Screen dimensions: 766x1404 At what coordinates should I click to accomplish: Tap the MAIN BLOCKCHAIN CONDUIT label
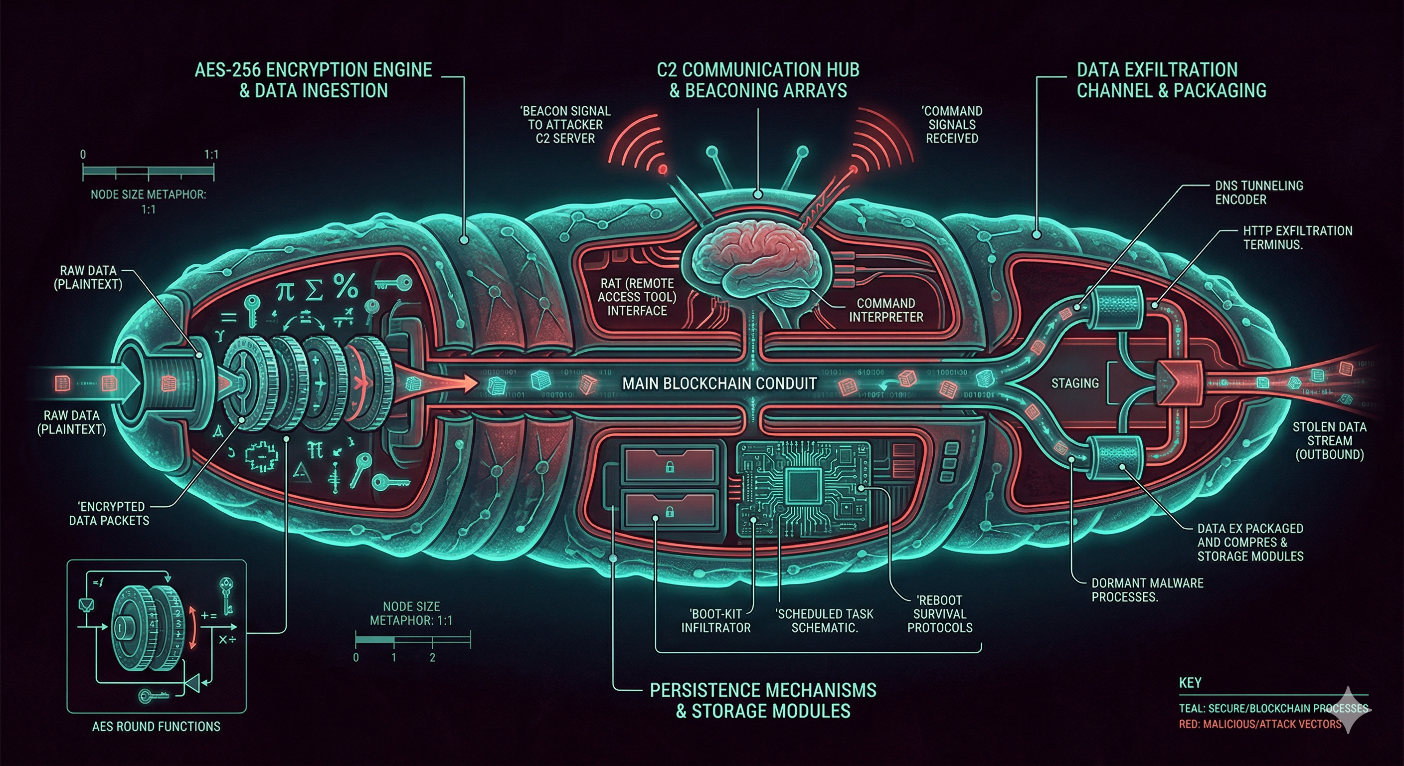point(719,383)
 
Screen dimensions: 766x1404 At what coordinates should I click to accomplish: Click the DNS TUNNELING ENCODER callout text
point(1258,192)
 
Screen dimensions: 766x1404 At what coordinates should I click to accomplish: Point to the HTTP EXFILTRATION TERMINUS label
point(1297,238)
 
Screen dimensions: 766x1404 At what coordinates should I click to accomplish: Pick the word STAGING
point(1075,383)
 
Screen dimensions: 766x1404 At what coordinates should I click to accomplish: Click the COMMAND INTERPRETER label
point(885,310)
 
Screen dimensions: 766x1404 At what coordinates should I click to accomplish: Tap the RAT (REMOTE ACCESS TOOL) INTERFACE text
point(637,297)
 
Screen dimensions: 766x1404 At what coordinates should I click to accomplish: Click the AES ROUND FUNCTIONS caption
point(156,726)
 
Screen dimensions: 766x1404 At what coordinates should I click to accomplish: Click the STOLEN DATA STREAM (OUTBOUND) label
point(1329,440)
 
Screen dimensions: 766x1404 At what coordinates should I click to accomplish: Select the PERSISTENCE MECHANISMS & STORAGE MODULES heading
point(763,700)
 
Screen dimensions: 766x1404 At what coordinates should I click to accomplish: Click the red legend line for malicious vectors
point(1259,724)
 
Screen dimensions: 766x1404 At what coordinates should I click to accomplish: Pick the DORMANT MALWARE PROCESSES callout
point(1147,590)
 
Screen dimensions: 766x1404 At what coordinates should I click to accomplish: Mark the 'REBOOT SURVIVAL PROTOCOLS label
point(940,614)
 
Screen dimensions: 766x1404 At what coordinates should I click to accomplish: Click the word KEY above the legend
point(1190,683)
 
